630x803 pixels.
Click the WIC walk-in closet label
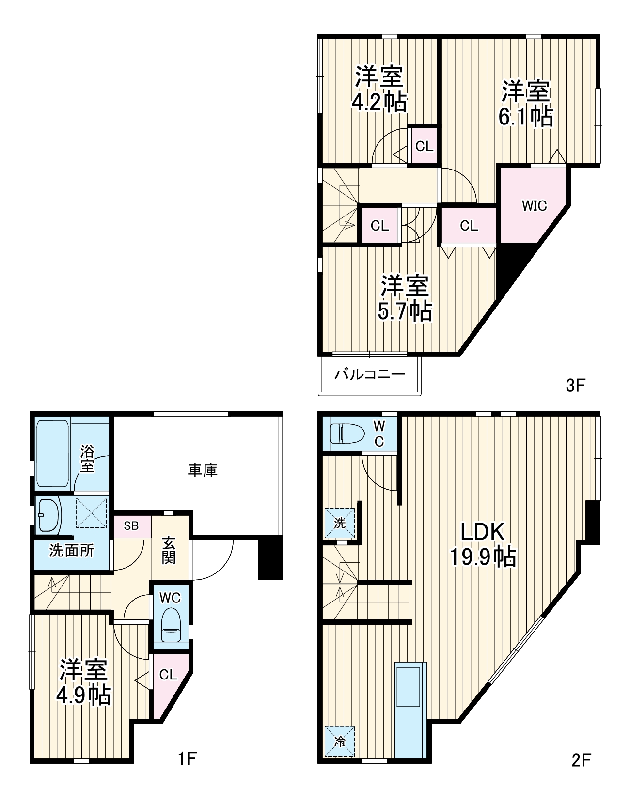534,206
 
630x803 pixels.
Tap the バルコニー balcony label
369,374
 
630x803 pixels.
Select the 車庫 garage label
203,470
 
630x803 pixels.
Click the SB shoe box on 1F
131,526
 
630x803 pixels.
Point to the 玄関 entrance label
169,550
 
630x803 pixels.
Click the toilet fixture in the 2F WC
346,432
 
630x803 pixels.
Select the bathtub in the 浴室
52,454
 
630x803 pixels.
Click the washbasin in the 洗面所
48,514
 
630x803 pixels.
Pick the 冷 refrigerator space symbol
340,741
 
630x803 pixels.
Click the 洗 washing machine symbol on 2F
340,523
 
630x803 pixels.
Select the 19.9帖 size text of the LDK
483,557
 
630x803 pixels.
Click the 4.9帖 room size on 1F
83,696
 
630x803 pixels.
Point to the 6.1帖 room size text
525,117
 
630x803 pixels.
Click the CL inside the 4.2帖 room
424,146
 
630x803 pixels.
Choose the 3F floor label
576,386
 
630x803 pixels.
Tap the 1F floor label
187,758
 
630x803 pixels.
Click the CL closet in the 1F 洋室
168,675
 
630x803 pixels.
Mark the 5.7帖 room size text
405,311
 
